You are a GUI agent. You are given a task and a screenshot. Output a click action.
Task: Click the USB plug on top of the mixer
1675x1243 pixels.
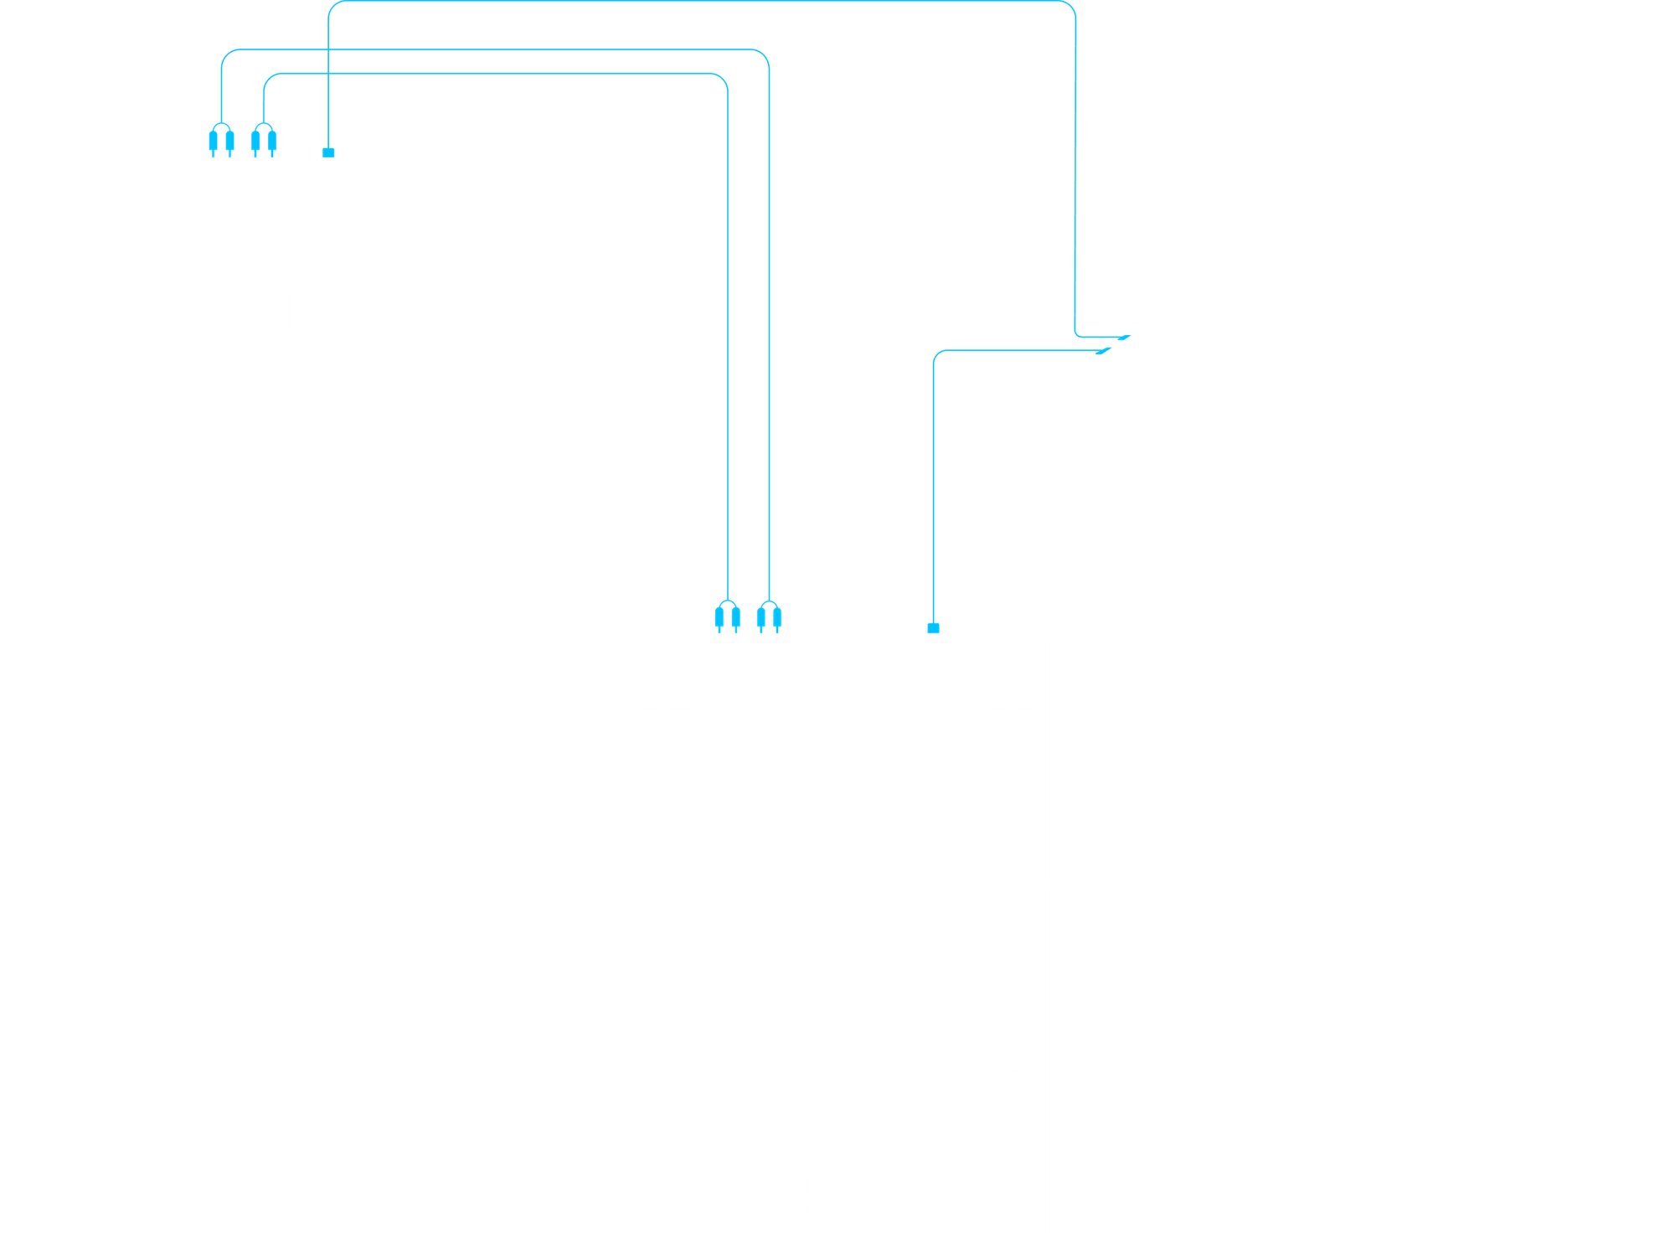[x=934, y=627]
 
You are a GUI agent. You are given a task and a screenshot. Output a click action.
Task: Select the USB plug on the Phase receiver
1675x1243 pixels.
[x=327, y=152]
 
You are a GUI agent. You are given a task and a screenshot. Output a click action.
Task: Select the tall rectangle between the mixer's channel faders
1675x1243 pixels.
[x=837, y=1086]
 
